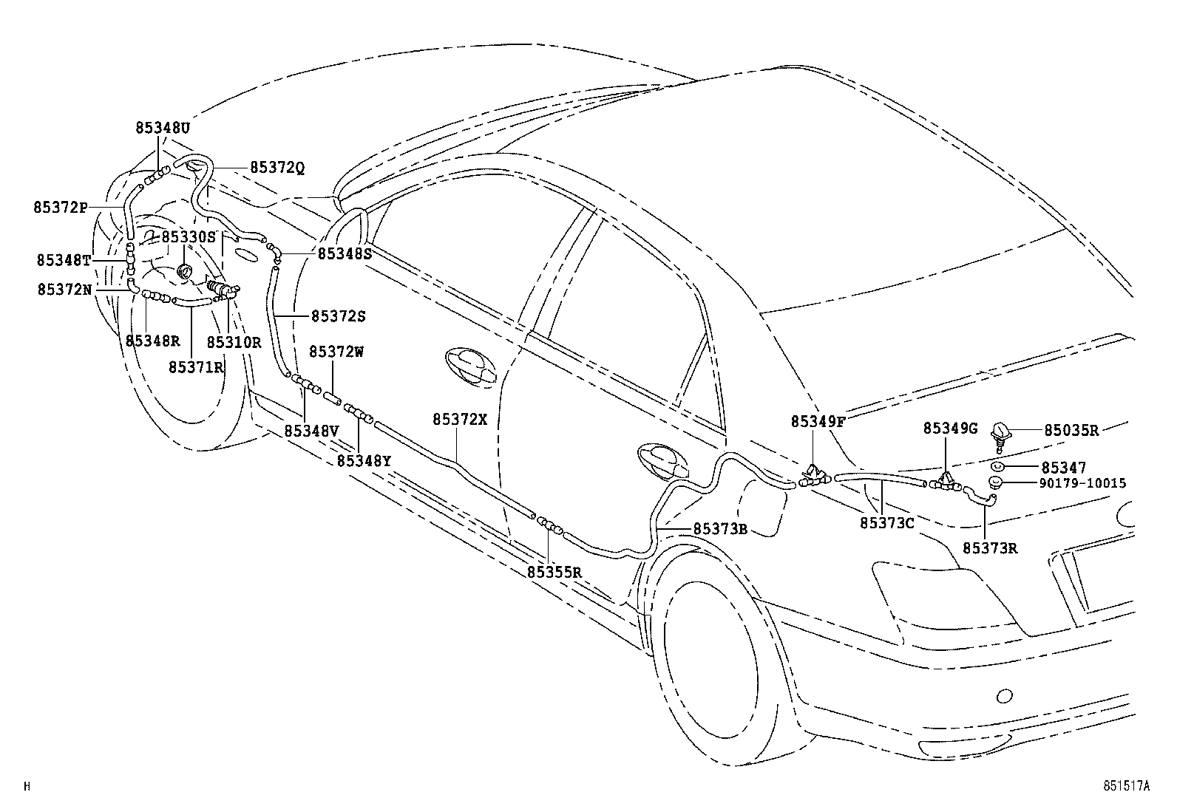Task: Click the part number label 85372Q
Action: point(277,168)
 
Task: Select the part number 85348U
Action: point(163,128)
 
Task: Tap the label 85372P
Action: point(61,208)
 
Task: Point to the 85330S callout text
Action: point(188,236)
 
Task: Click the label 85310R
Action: point(234,342)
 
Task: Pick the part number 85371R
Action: point(196,366)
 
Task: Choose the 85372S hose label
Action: point(339,316)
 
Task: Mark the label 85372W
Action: point(336,352)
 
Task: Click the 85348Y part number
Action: point(364,460)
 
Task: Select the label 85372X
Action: point(461,419)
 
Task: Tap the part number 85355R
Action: point(555,572)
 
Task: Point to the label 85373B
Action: point(721,529)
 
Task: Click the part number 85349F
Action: point(818,421)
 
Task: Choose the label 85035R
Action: point(1071,430)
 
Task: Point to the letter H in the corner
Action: point(27,787)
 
